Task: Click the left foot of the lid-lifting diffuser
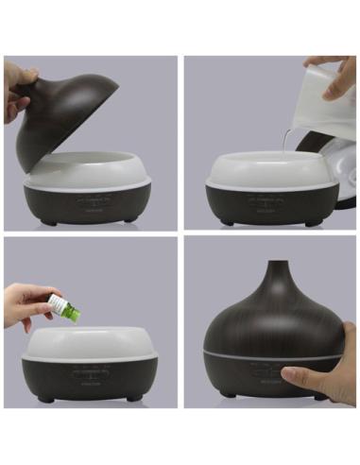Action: coord(45,222)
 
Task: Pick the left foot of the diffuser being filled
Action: coord(226,223)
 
